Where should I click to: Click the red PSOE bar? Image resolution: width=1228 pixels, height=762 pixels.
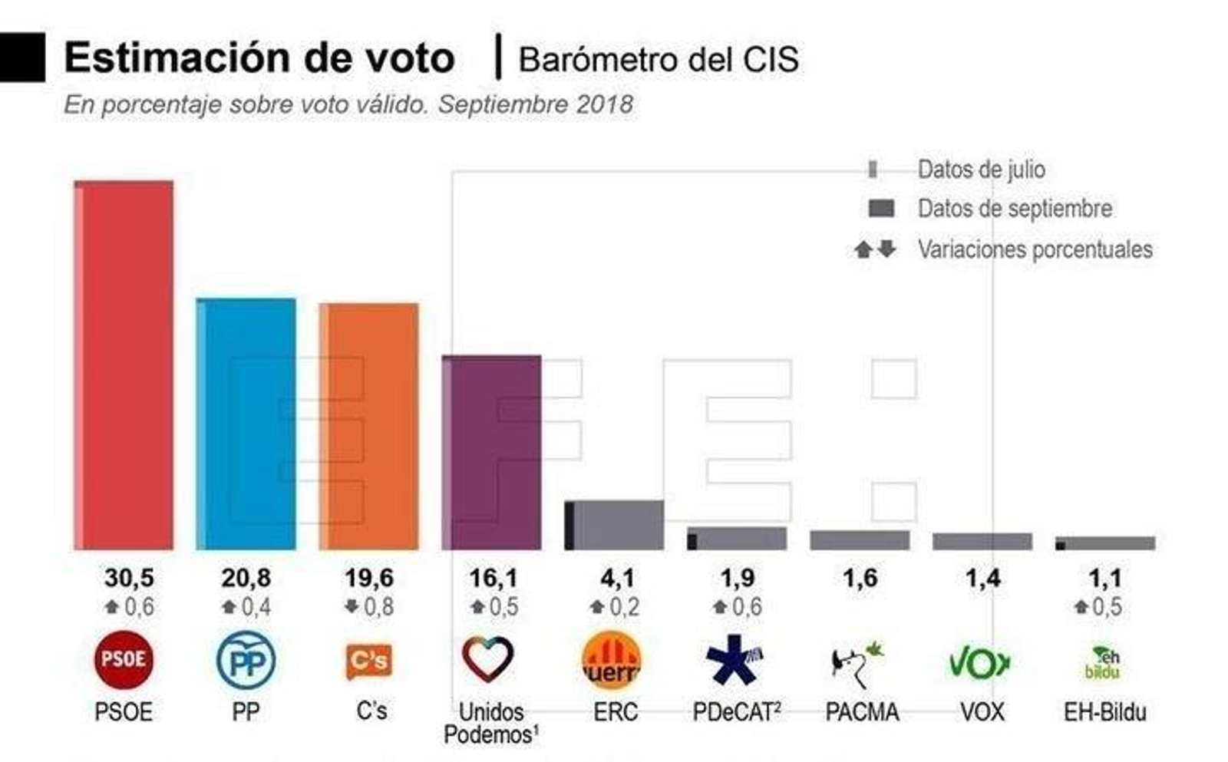124,365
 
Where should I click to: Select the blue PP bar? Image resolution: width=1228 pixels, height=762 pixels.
246,424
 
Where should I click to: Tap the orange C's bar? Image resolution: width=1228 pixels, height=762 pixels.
369,426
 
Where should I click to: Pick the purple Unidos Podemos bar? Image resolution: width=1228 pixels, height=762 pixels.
492,452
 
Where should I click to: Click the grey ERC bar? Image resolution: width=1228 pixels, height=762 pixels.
615,525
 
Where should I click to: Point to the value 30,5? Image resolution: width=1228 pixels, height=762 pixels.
129,578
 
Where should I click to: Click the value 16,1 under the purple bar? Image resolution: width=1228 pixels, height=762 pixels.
493,578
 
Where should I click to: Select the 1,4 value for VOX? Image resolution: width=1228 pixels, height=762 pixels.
982,578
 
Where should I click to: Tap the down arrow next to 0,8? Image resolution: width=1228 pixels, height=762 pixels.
352,606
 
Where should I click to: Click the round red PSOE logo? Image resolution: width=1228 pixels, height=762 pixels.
124,659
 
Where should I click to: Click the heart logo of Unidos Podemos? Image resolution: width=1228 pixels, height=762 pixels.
488,659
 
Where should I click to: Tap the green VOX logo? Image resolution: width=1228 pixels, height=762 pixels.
979,662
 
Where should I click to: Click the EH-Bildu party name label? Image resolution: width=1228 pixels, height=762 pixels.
1104,712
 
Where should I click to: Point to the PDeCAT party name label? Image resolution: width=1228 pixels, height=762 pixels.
736,712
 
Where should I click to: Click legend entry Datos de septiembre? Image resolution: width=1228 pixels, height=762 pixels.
1014,209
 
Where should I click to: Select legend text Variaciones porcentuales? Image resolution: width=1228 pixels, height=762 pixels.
1035,249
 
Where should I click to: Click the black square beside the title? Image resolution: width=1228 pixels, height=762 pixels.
21,58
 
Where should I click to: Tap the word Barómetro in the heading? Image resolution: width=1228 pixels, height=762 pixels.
599,60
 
